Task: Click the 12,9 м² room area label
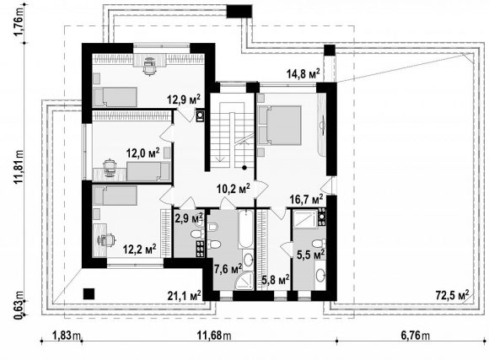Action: pos(184,99)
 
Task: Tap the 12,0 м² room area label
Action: pos(142,153)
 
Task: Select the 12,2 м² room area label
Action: pos(139,250)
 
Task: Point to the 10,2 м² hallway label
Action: pos(234,188)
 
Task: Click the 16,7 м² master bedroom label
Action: pos(306,199)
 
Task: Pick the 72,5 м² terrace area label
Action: pos(452,295)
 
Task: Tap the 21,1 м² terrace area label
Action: pos(184,295)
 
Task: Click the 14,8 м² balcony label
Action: pos(304,74)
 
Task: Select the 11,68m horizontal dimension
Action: pos(214,336)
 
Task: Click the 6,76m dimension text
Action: pos(415,336)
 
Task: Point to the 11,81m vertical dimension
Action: pos(19,167)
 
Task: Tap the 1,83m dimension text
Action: pos(67,336)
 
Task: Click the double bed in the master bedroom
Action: pos(280,125)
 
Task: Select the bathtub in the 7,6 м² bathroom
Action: pos(246,229)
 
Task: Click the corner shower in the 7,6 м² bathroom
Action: pos(245,280)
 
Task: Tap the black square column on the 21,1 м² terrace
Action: pos(89,294)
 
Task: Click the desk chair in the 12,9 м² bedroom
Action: pos(149,67)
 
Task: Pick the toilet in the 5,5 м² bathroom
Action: pos(319,243)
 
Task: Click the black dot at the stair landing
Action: pos(244,168)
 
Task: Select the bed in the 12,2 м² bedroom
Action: pos(116,196)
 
